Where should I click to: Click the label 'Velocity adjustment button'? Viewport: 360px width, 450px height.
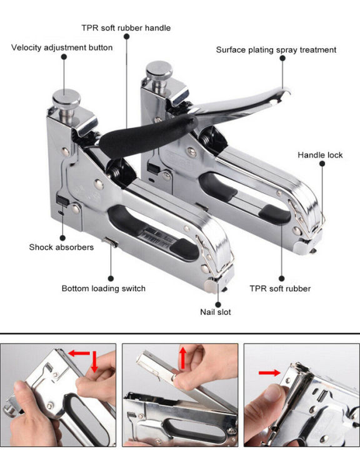[62, 47]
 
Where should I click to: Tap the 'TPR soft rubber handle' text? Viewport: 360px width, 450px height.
[126, 27]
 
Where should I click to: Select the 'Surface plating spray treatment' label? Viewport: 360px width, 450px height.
[276, 50]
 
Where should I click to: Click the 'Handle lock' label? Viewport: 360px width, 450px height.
[320, 155]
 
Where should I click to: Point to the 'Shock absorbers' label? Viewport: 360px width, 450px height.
[61, 247]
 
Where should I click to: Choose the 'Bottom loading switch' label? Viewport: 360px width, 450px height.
[103, 288]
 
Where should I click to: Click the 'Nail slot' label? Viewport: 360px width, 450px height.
[216, 311]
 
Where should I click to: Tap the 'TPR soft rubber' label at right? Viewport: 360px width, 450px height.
[280, 288]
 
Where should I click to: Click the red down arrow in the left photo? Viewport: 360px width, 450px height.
[94, 362]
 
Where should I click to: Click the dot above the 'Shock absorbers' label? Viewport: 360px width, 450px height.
[62, 237]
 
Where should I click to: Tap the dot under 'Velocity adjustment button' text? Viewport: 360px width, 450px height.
[64, 57]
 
